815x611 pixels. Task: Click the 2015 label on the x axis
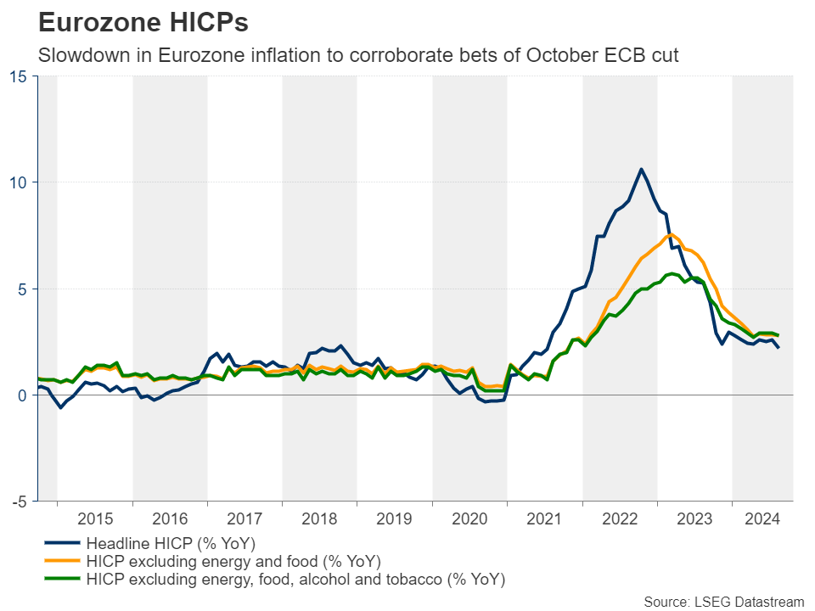[x=95, y=519]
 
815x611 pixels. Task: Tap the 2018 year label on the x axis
[x=319, y=519]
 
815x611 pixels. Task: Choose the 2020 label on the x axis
[x=469, y=519]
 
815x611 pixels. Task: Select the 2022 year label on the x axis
[x=620, y=519]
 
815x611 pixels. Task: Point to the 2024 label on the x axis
[x=762, y=519]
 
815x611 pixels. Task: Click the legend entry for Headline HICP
[x=171, y=543]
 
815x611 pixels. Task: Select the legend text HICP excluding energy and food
[x=233, y=562]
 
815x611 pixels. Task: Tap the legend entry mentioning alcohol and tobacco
[x=295, y=580]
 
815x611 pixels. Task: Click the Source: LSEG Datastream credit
[x=723, y=602]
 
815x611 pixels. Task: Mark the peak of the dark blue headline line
[x=641, y=169]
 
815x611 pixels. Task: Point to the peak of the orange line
[x=671, y=234]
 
